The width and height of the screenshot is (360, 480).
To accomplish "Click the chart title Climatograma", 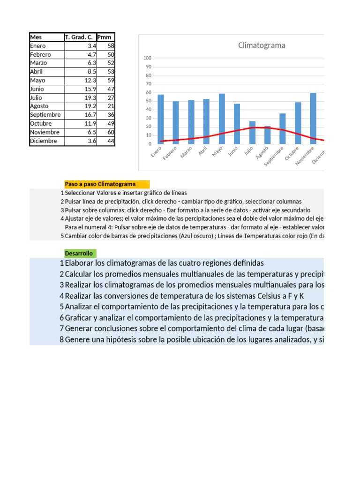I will tap(262, 45).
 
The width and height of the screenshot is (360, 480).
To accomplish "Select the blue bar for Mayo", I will tap(222, 119).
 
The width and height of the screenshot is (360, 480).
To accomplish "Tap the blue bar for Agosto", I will tap(267, 135).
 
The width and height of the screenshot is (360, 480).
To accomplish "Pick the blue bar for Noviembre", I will tap(313, 118).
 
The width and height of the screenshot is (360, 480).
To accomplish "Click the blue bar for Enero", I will tap(161, 120).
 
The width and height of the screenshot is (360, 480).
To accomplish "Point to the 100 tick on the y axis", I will tap(147, 58).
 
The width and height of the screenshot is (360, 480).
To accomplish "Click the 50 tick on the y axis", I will tap(148, 101).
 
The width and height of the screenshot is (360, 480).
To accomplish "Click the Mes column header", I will tap(36, 37).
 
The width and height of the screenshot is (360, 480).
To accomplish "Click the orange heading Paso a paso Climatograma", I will tap(100, 184).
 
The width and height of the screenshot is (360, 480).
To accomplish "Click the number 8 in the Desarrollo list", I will tap(61, 339).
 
